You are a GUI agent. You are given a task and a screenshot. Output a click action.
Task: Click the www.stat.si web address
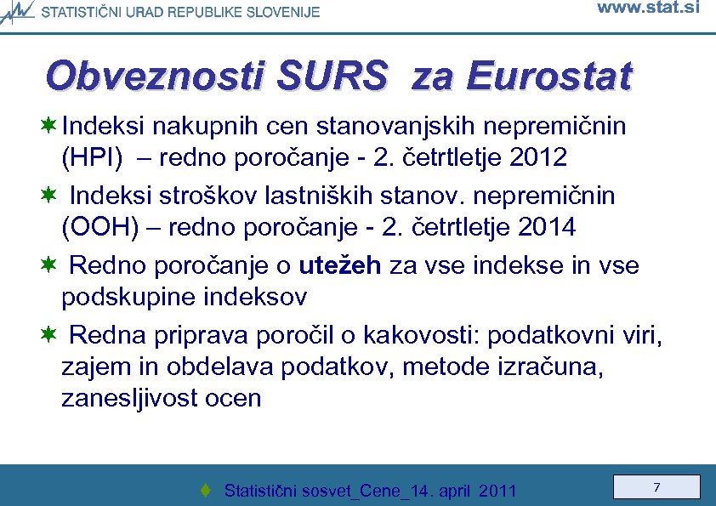pyautogui.click(x=648, y=9)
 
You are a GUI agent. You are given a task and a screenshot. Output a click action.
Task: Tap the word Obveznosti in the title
pyautogui.click(x=157, y=77)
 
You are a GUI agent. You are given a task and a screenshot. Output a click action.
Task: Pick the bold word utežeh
pyautogui.click(x=341, y=265)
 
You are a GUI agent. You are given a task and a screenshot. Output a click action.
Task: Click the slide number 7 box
pyautogui.click(x=657, y=487)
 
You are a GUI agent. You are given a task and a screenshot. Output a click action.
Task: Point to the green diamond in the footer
pyautogui.click(x=205, y=491)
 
